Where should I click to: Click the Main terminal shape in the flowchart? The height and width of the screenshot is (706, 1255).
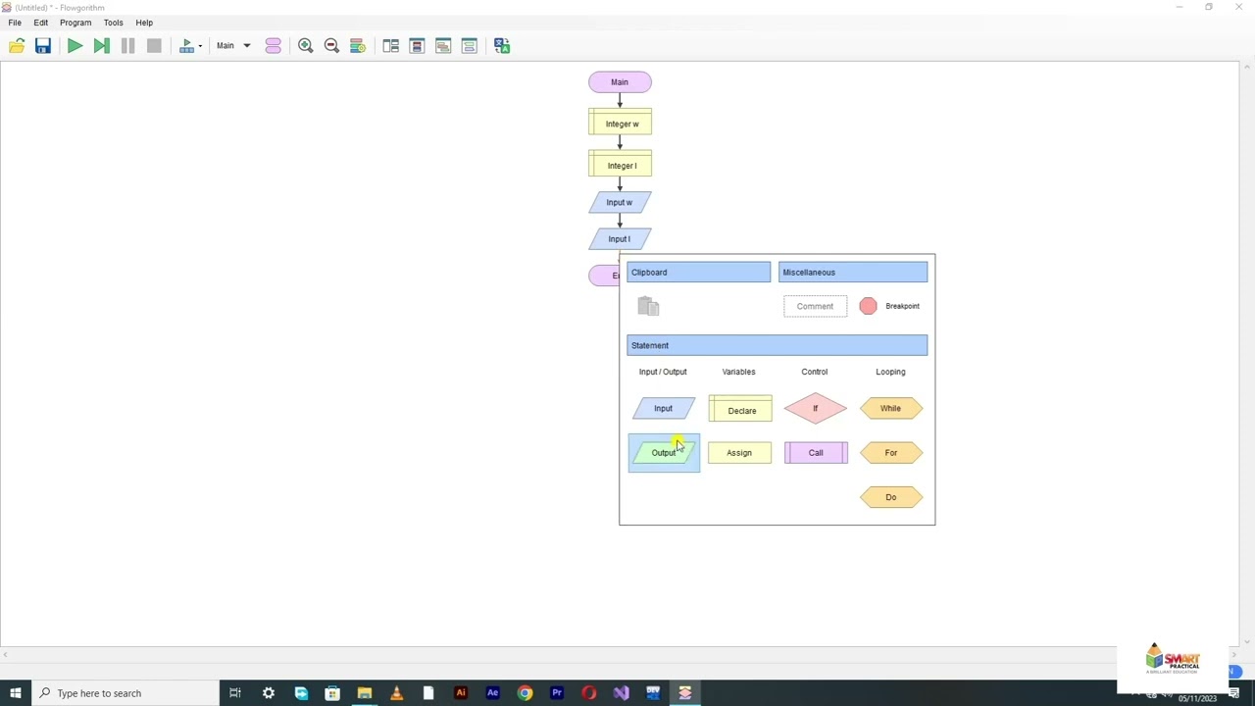620,82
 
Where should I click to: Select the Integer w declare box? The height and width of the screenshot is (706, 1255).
620,124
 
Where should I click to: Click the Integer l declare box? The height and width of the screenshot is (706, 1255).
620,166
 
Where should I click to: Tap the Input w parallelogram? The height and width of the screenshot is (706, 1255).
620,203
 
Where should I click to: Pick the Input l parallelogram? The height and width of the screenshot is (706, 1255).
620,239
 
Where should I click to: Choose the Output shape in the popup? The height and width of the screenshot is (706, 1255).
664,453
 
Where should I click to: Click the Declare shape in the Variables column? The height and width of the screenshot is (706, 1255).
740,410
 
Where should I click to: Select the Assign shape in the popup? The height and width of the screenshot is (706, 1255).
739,453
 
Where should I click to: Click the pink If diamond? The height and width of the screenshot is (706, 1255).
815,409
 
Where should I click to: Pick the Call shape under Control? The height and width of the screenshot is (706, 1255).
816,453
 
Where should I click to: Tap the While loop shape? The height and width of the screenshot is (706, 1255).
890,409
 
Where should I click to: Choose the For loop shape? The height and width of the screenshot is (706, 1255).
890,453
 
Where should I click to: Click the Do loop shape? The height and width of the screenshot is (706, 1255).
890,497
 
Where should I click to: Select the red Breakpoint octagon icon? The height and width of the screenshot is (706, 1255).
868,307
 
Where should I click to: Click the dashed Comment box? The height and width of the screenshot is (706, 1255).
815,307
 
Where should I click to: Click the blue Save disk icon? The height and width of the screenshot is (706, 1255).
43,46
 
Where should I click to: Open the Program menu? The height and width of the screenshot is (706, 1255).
75,23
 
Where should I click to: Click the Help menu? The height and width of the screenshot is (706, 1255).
144,23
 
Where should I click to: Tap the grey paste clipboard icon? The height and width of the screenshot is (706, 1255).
648,307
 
